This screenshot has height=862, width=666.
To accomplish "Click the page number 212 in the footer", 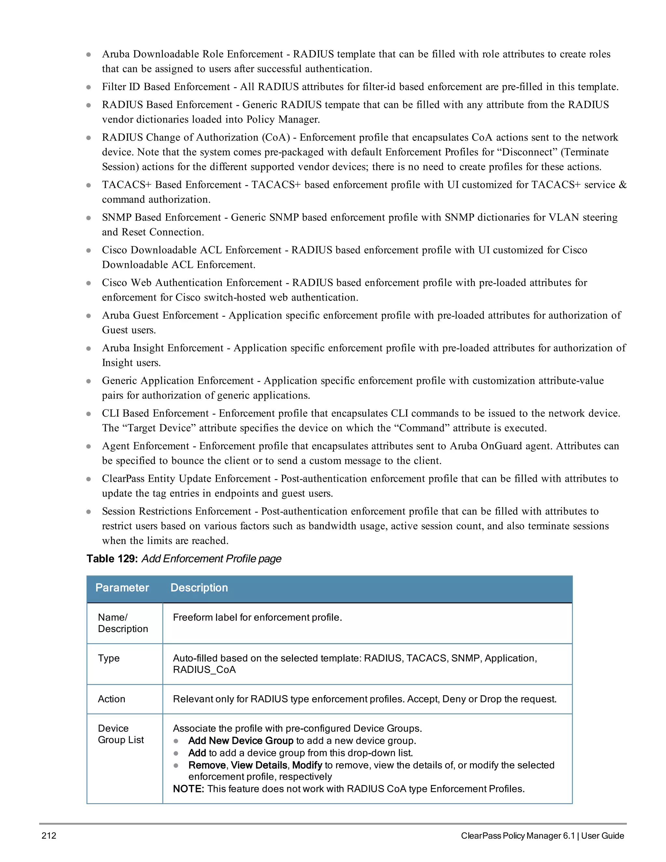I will pos(49,836).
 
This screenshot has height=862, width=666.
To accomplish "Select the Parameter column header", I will pos(122,588).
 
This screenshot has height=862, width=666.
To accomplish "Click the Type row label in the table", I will pos(109,658).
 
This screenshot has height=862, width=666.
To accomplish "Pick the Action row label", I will pos(111,699).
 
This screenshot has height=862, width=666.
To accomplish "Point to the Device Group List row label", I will pos(120,734).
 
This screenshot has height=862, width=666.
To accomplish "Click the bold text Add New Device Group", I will pos(241,741).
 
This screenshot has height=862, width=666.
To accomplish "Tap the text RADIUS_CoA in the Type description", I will pos(204,670).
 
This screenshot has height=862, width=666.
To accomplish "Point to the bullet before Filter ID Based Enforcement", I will pos(88,87).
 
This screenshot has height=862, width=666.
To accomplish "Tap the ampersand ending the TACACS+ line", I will pos(622,185).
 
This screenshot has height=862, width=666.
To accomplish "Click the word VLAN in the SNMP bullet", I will pos(564,218).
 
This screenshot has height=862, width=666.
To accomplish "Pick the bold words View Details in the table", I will pos(259,765).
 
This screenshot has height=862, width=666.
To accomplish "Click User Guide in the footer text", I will pos(603,836).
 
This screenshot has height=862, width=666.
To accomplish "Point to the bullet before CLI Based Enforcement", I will pos(88,414).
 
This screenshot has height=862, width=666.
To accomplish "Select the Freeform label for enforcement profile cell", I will pos(257,617).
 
